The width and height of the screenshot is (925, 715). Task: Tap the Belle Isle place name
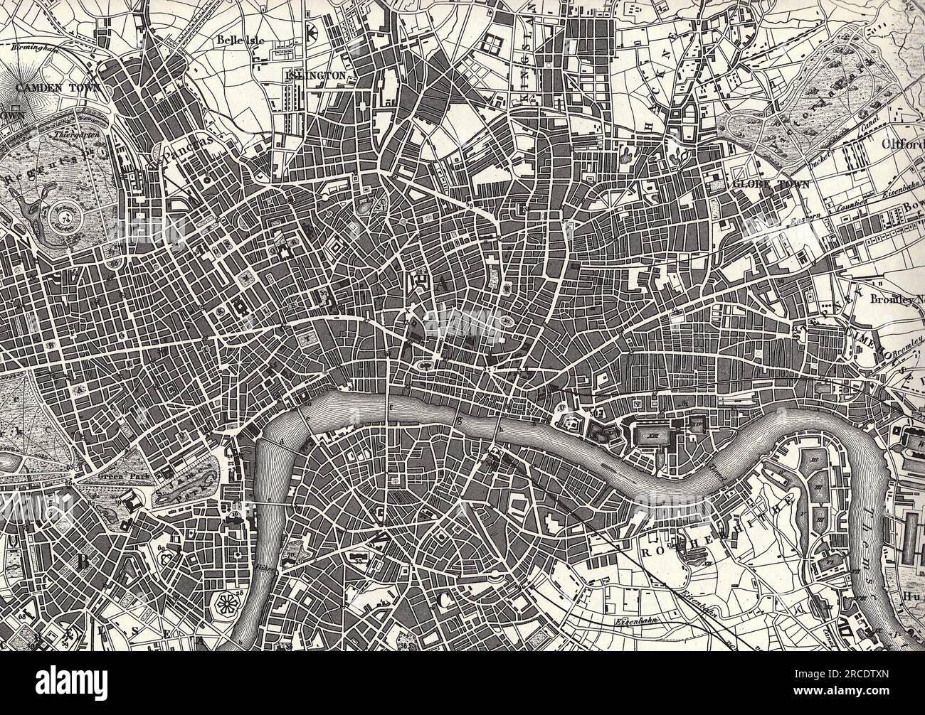241,41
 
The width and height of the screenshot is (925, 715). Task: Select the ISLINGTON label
315,75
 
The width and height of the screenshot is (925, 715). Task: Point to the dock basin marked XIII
651,432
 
